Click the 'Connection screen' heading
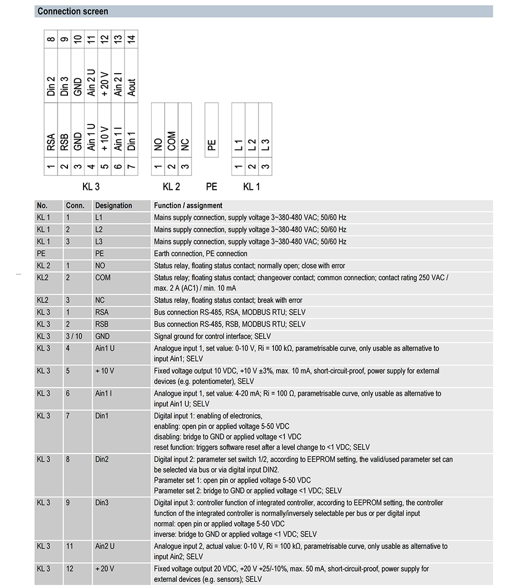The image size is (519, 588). (73, 11)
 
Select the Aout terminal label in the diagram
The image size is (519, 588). (132, 87)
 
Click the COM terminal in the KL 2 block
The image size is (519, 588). (171, 141)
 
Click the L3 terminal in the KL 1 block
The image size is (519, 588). (265, 145)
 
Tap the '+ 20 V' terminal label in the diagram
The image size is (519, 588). (105, 84)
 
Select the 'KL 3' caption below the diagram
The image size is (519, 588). (91, 187)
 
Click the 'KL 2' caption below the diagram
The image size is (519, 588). (171, 187)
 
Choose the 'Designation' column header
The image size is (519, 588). (114, 206)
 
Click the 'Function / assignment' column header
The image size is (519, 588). (188, 206)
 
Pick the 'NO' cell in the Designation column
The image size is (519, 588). (100, 266)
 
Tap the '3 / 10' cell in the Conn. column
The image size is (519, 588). (74, 336)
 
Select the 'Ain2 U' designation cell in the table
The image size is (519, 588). (105, 546)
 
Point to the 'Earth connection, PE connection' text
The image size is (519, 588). (200, 254)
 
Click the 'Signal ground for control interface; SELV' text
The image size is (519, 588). (212, 336)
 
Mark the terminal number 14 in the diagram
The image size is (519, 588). (132, 38)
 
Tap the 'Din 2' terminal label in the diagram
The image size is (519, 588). (51, 86)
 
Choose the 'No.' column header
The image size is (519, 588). (42, 206)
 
